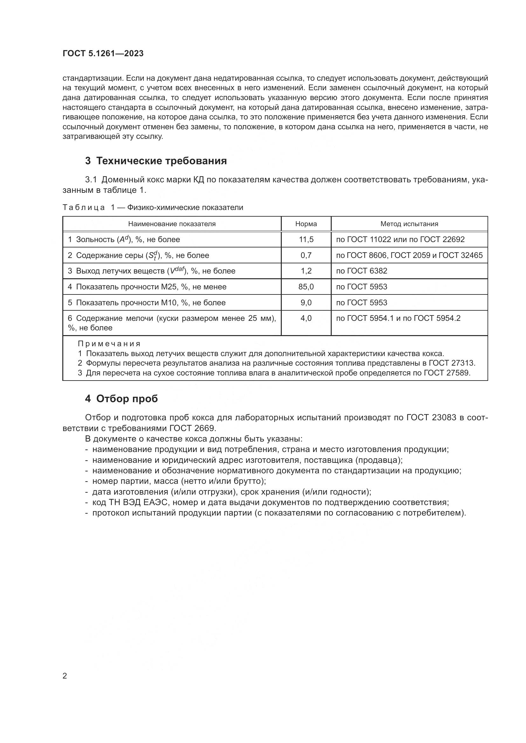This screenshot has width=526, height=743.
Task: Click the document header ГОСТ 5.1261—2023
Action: pos(103,54)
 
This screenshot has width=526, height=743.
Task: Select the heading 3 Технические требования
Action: pos(156,161)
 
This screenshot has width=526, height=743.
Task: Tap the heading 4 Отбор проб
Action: pos(121,399)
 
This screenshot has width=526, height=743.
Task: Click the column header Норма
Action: pos(306,224)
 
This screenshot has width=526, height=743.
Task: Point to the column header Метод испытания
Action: pos(409,224)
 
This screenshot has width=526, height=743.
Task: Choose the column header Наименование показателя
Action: pos(172,224)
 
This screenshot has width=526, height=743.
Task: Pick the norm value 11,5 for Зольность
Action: pos(306,240)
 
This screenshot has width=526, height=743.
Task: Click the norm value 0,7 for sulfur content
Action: pos(306,255)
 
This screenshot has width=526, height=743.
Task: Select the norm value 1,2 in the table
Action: pos(306,271)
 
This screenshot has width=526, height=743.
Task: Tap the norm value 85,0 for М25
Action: pos(306,287)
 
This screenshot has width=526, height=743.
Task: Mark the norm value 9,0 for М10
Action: pos(306,303)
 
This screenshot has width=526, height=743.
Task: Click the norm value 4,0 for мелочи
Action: pos(306,318)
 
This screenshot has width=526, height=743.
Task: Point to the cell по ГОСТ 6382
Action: pos(362,271)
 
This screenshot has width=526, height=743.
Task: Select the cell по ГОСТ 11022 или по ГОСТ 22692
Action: pos(400,240)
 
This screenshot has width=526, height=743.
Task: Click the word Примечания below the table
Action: pos(109,344)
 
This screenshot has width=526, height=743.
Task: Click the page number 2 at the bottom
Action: pos(65,676)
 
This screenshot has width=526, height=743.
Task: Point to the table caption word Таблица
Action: pos(84,207)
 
